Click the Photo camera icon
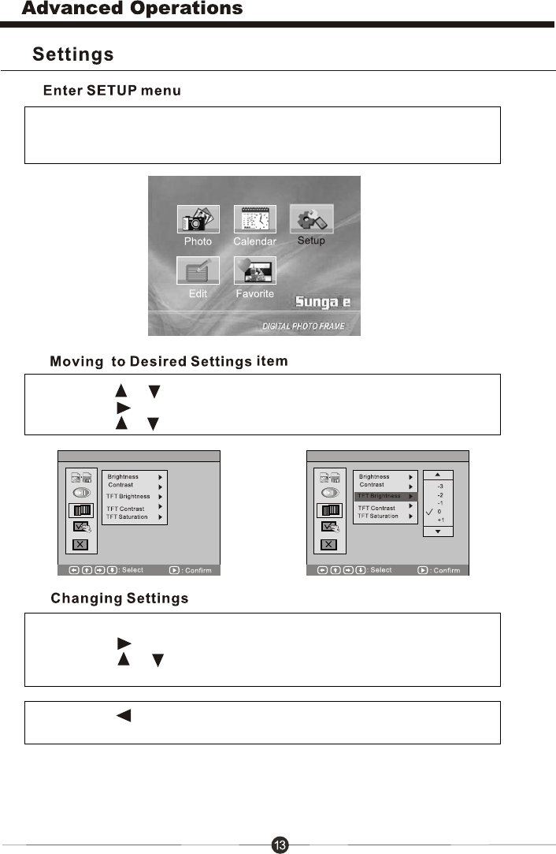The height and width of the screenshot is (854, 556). [198, 219]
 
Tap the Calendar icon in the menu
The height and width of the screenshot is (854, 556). [254, 219]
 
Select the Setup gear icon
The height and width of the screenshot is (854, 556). [311, 218]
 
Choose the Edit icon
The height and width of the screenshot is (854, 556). [198, 271]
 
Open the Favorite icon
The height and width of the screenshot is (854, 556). [254, 271]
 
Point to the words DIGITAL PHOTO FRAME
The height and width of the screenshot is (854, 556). [304, 326]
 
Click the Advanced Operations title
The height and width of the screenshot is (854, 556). [132, 9]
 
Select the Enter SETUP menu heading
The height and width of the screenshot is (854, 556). [112, 91]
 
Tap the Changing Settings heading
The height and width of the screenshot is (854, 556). [120, 599]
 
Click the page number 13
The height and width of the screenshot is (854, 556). [280, 845]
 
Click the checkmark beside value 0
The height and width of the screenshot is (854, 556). [429, 512]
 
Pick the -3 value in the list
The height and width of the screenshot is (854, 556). [439, 487]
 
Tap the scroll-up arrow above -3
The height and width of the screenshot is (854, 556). [439, 475]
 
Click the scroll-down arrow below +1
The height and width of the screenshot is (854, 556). [439, 532]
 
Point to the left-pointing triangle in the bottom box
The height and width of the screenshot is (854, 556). [122, 716]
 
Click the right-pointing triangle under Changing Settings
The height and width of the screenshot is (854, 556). [123, 643]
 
